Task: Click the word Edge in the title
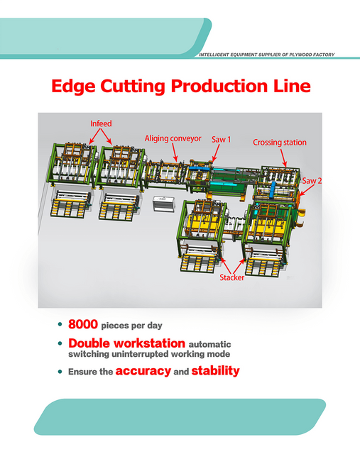tap(73, 87)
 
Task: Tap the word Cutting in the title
tap(133, 87)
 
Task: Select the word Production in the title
tap(219, 86)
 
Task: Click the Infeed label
tap(101, 123)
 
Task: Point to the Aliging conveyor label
tap(173, 138)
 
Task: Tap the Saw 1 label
tap(221, 140)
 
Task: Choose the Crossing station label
tap(280, 143)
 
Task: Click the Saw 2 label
tap(312, 181)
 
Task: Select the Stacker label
tap(232, 277)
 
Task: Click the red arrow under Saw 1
tap(216, 153)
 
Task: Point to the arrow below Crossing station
tap(283, 157)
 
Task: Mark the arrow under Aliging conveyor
tap(175, 153)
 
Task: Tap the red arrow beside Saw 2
tap(307, 190)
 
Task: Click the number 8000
tap(83, 324)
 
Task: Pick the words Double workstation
tap(126, 343)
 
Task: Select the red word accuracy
tap(143, 371)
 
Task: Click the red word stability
tap(215, 370)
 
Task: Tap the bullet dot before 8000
tap(60, 324)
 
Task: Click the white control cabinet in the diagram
tap(164, 204)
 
